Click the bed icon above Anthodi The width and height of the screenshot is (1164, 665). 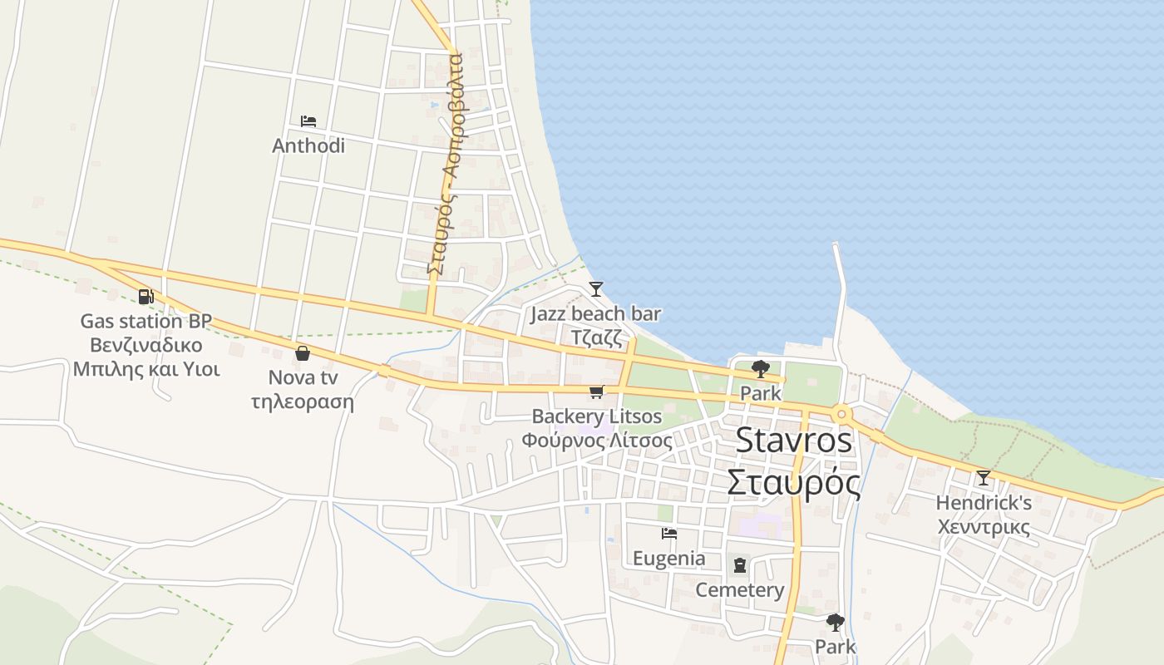(308, 121)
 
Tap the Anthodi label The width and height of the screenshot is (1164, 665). (308, 145)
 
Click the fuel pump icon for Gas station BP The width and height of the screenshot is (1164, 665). (146, 297)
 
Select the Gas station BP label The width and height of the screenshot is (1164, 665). (146, 321)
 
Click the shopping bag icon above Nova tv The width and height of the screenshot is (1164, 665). (303, 353)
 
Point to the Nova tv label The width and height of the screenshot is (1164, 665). (303, 377)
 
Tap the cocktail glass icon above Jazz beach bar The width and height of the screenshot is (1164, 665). (595, 289)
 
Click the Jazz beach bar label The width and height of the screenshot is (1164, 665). (595, 313)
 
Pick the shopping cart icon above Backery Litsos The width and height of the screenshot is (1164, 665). (596, 392)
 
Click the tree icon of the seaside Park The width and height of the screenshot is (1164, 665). (760, 369)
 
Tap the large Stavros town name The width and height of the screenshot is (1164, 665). (794, 441)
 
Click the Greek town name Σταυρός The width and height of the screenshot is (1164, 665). (794, 482)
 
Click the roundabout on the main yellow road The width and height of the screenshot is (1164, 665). (842, 413)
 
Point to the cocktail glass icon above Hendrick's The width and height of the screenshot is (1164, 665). (984, 478)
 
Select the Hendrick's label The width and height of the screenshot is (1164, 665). (984, 503)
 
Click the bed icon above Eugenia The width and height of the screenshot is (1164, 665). (669, 534)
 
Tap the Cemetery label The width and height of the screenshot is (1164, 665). (740, 590)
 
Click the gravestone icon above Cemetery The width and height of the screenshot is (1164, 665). (740, 566)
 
